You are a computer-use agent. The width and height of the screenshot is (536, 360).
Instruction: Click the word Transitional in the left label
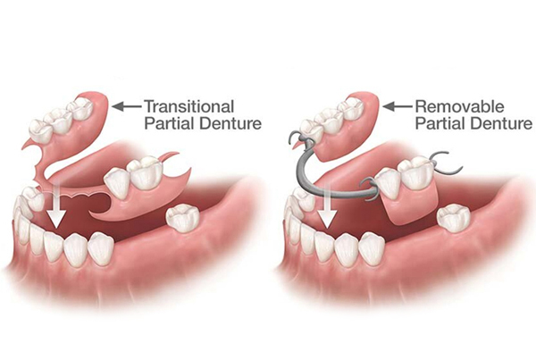click(189, 106)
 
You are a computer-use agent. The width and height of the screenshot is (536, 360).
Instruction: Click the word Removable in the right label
click(459, 106)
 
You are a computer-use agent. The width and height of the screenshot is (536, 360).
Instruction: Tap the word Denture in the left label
click(231, 123)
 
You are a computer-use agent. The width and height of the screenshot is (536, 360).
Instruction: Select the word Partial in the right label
click(440, 123)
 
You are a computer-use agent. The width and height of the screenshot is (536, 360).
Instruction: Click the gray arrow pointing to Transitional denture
click(127, 106)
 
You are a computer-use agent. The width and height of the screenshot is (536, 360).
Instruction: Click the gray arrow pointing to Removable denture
click(398, 106)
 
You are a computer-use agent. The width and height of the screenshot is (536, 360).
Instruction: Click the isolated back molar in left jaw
click(182, 217)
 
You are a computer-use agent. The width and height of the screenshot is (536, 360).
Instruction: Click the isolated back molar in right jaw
click(454, 218)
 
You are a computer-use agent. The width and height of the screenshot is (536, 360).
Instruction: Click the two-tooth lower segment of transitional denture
click(134, 176)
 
